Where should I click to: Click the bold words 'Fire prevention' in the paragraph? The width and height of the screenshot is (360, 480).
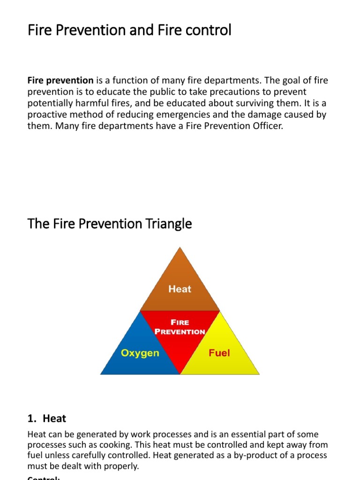click(x=61, y=81)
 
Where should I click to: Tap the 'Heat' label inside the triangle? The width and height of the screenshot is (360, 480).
click(x=180, y=289)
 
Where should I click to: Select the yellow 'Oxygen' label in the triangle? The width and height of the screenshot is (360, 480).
click(x=140, y=353)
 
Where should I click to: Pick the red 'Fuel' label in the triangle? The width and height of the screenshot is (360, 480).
click(x=219, y=353)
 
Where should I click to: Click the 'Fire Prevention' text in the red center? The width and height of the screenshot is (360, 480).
click(x=180, y=327)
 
